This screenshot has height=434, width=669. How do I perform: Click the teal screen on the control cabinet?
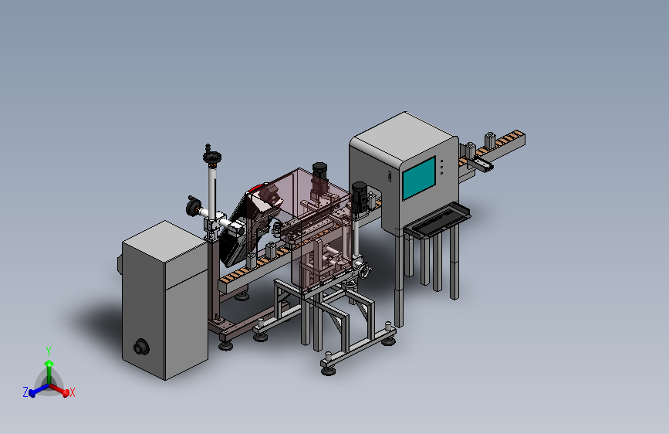[x=419, y=178]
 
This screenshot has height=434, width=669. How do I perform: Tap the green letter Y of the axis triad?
[x=49, y=351]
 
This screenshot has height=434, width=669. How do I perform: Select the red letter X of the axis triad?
[x=72, y=392]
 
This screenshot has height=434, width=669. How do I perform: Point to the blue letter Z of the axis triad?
[x=25, y=392]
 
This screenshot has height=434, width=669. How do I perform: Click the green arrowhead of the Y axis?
[x=49, y=364]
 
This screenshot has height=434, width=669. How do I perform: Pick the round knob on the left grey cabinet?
[x=140, y=347]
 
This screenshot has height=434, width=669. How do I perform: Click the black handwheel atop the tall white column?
[x=212, y=157]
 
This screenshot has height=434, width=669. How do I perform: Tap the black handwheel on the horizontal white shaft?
[x=192, y=207]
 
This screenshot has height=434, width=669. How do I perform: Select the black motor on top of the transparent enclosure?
[x=319, y=171]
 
